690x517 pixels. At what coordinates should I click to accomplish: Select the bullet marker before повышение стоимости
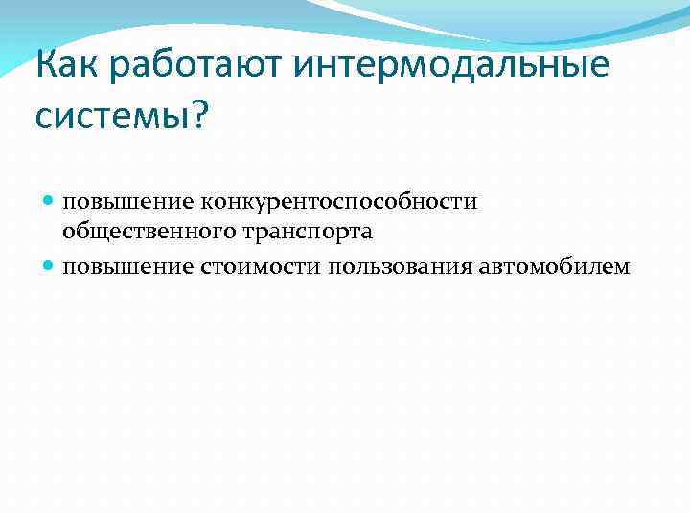pos(49,265)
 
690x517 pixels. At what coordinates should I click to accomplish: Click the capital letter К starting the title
pos(45,67)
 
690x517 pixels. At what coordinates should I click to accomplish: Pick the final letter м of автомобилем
pos(623,267)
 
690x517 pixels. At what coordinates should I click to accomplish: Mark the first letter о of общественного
pos(69,233)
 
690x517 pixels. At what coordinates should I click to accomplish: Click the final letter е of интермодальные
pos(598,69)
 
